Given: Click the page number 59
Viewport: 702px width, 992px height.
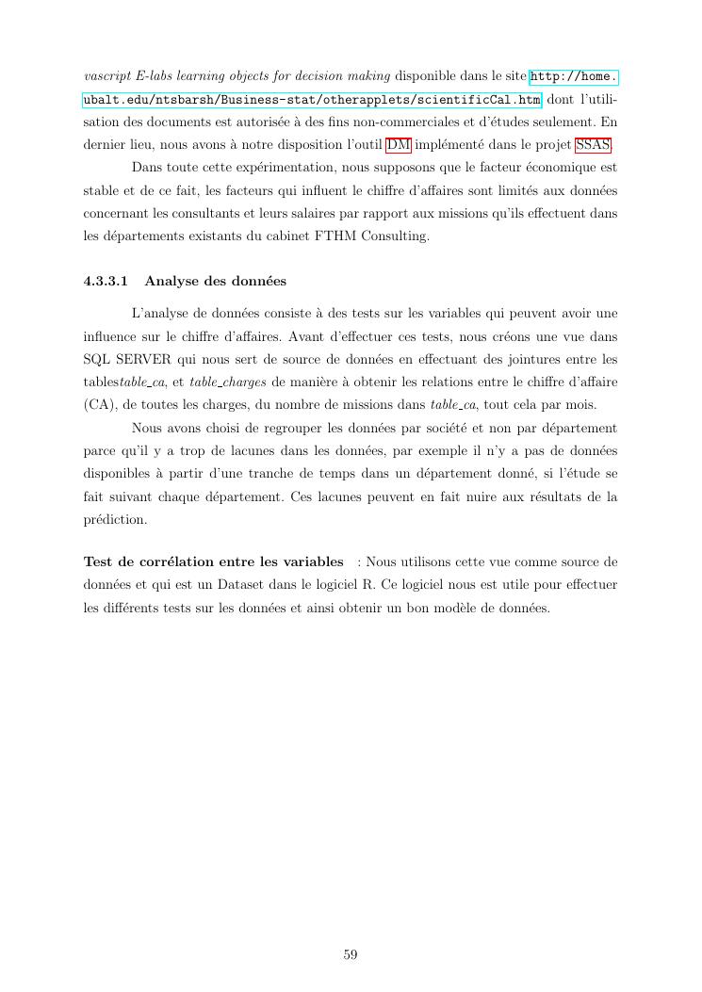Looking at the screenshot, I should (350, 954).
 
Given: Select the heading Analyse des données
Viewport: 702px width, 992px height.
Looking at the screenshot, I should (215, 281).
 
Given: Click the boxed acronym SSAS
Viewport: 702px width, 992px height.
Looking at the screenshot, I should (593, 144).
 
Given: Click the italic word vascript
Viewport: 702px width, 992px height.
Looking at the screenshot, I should (106, 76).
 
